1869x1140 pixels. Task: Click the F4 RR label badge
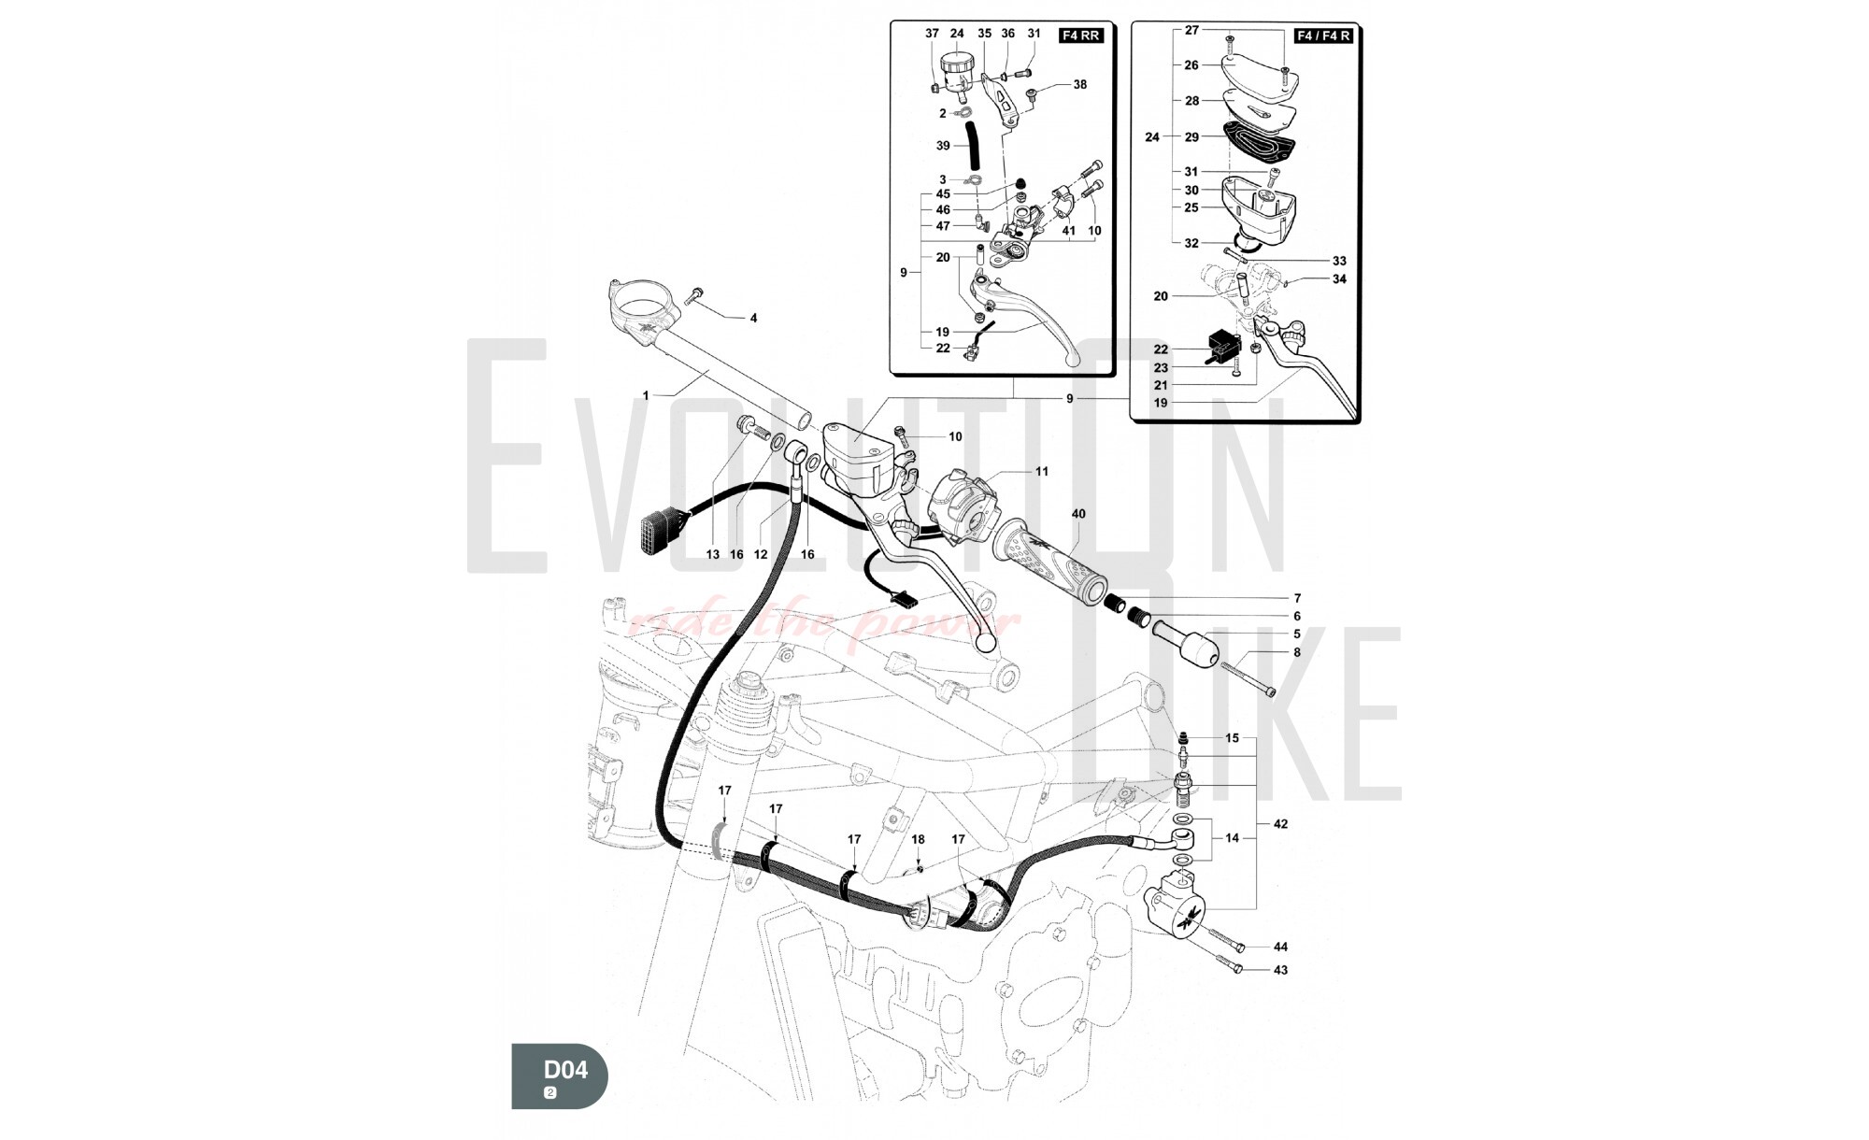coord(1080,36)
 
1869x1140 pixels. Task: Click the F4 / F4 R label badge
coord(1323,36)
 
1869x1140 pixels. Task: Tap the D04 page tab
coord(560,1076)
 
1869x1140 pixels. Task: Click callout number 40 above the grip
coord(1078,514)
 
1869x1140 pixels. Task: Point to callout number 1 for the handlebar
coord(645,396)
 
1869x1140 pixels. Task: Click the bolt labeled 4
coord(694,297)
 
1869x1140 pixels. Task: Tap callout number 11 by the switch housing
coord(1042,472)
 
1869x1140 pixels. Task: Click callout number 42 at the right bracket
coord(1280,824)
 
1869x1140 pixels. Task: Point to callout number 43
coord(1280,970)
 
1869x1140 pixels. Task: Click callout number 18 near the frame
coord(918,840)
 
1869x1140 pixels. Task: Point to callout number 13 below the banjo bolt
coord(713,554)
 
